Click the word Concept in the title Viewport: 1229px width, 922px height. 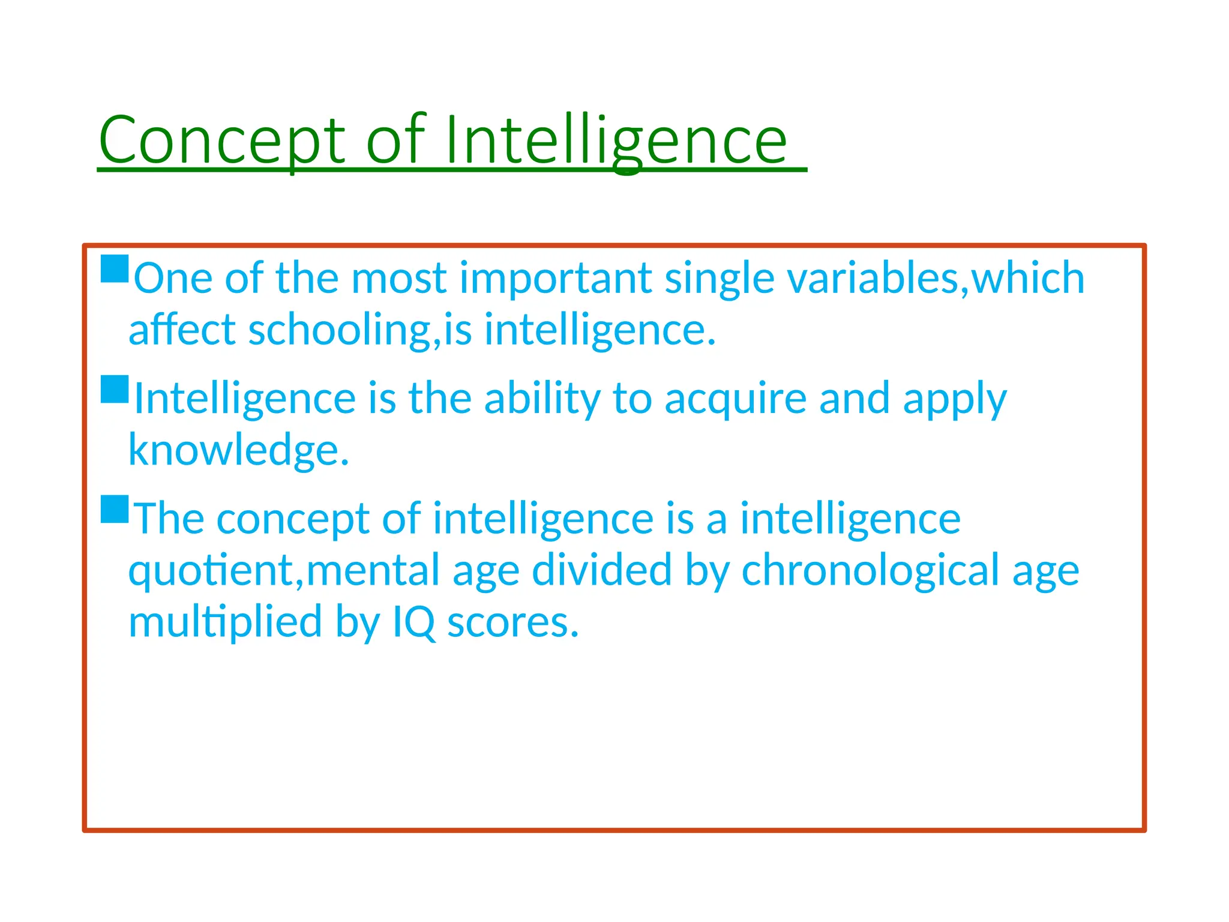pyautogui.click(x=222, y=140)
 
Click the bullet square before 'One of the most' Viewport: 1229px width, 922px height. pyautogui.click(x=115, y=269)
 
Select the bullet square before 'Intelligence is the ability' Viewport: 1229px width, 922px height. pyautogui.click(x=115, y=389)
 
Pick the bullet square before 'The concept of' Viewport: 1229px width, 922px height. pyautogui.click(x=115, y=509)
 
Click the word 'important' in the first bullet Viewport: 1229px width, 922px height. pyautogui.click(x=556, y=279)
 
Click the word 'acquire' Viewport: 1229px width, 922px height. pyautogui.click(x=735, y=399)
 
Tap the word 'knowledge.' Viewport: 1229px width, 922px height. pyautogui.click(x=239, y=450)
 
